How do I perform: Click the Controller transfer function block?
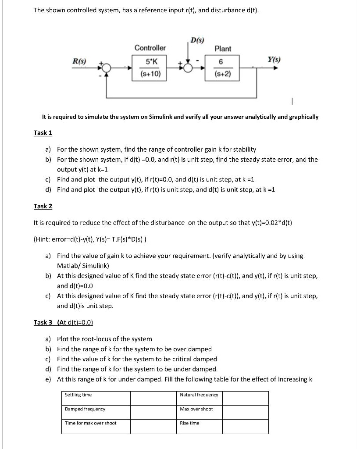click(150, 68)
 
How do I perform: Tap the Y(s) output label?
click(274, 60)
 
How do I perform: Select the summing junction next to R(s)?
click(106, 68)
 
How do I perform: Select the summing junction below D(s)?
click(189, 68)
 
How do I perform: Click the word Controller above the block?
click(150, 48)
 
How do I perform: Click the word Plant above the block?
click(223, 48)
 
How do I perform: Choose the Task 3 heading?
click(43, 322)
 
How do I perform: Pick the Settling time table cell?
click(95, 398)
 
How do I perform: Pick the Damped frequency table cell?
click(95, 412)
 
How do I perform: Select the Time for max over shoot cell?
click(95, 426)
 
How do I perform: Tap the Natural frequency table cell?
click(199, 398)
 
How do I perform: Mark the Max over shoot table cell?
click(199, 412)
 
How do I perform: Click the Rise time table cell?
click(199, 426)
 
